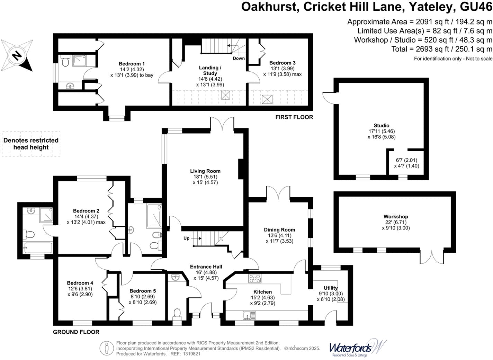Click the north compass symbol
(x=17, y=55)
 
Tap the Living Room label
(x=205, y=171)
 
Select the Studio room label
(x=381, y=126)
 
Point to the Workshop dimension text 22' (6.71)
(x=395, y=222)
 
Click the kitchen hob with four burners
(x=255, y=278)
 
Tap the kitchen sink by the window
(x=249, y=315)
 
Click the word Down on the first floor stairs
(x=239, y=58)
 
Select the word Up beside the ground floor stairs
(x=186, y=238)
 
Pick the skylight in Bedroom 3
(x=267, y=99)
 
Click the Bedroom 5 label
(x=143, y=291)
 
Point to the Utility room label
(x=330, y=288)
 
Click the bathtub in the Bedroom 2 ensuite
(x=37, y=248)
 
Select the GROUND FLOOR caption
(x=76, y=332)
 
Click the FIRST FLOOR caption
(x=294, y=117)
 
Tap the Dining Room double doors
(x=278, y=192)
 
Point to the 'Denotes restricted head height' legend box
(x=31, y=144)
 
